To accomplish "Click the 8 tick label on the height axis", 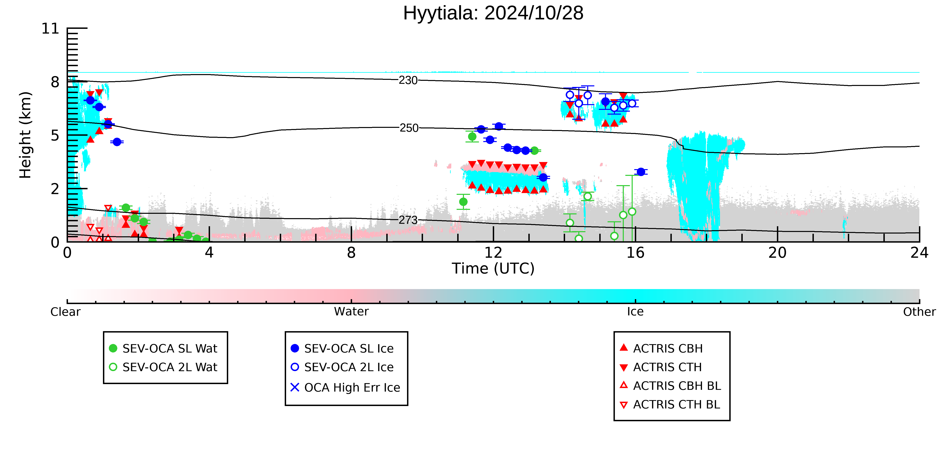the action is coord(55,82).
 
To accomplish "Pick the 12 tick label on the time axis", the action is coord(493,253).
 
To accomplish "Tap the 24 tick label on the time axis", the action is coord(919,253).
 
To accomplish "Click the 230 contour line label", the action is coord(408,80).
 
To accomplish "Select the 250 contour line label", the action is coord(409,128).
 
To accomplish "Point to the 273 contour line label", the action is coord(408,220).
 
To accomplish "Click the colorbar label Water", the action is coord(351,312).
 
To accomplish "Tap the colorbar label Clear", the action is coord(66,312).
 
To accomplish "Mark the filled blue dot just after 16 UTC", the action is coord(641,172).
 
